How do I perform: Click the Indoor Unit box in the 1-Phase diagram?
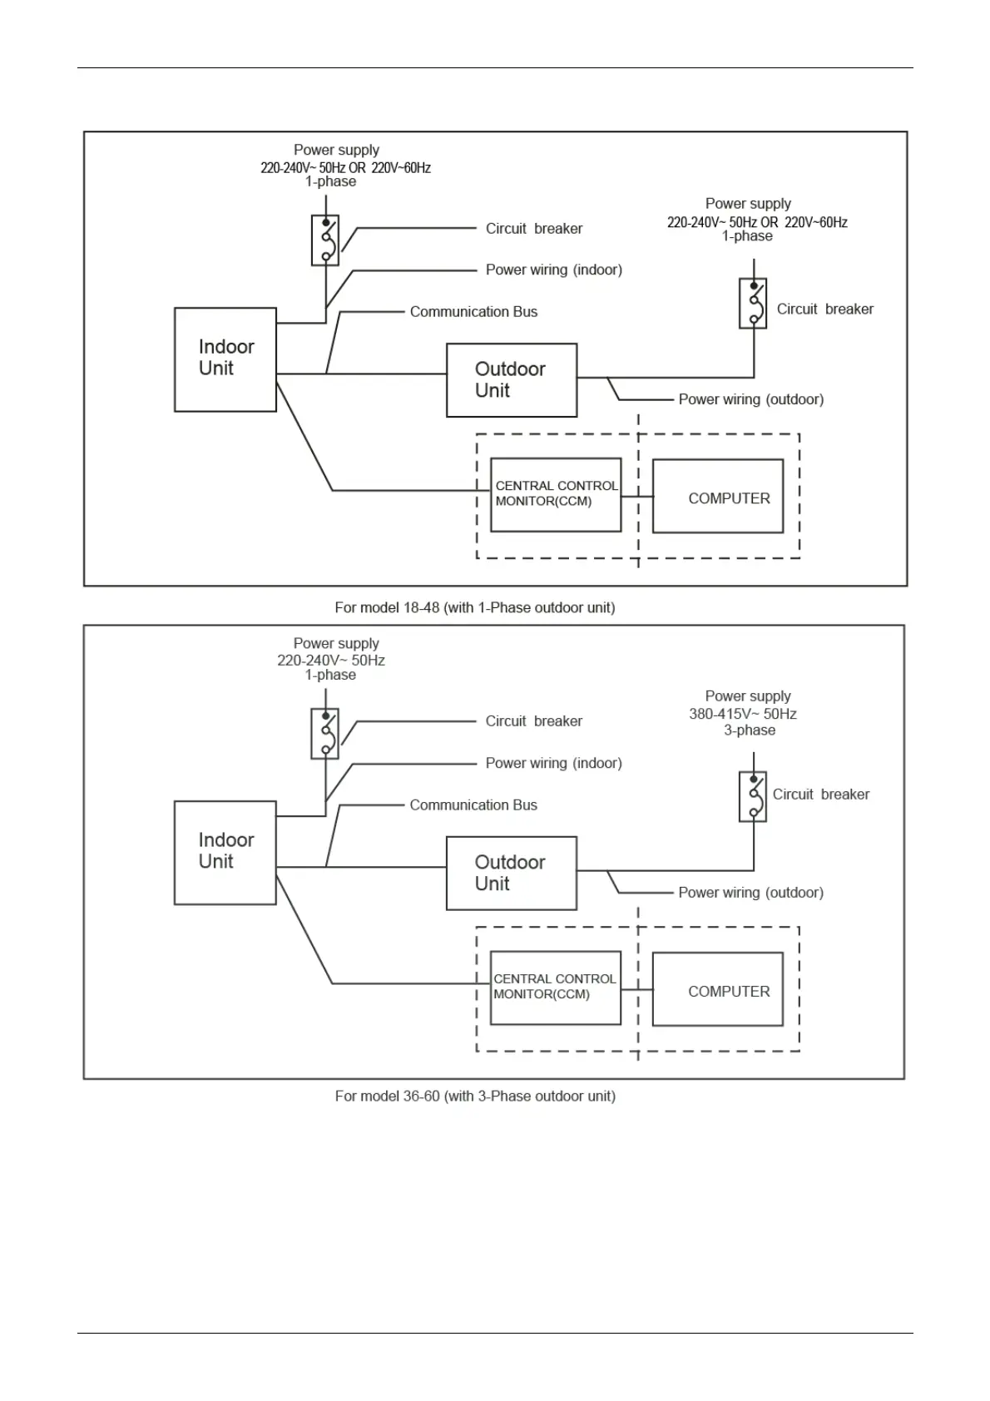pos(225,359)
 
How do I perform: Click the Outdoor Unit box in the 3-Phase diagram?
pos(511,873)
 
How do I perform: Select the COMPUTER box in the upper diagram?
pos(717,497)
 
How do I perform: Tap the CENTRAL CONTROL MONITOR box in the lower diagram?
pos(555,987)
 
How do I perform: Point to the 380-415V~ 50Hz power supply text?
pos(742,714)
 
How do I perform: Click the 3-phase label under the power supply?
pos(749,730)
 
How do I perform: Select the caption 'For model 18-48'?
pos(474,607)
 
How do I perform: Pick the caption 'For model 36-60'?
pos(474,1096)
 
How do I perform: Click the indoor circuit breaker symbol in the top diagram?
pos(325,240)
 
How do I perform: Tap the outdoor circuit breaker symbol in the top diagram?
pos(753,304)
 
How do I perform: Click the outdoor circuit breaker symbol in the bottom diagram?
pos(753,797)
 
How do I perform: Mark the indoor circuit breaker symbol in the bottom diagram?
pos(324,734)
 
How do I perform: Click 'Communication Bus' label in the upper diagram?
pos(473,312)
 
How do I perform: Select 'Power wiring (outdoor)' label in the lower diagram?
pos(750,893)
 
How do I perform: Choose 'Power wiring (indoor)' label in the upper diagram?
pos(553,270)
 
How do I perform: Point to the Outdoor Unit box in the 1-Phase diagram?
pos(511,380)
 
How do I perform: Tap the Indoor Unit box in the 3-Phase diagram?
pos(225,852)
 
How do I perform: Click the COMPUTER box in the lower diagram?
pos(717,989)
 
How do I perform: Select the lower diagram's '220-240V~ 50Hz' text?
pos(330,661)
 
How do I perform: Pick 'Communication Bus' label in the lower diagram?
pos(473,805)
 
